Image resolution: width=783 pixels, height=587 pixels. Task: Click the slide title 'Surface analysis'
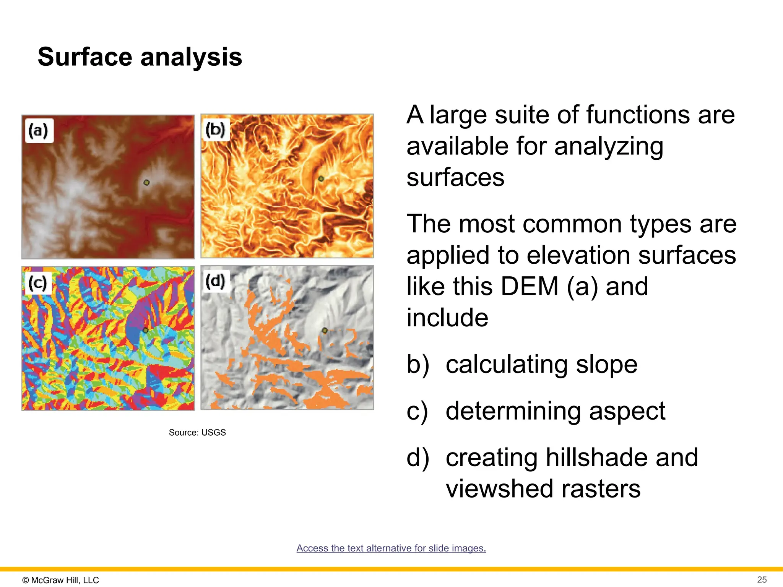click(140, 57)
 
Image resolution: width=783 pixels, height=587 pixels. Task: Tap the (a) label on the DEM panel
click(39, 131)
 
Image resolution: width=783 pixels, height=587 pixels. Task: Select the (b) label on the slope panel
click(215, 130)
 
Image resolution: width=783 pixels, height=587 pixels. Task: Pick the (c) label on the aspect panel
click(38, 283)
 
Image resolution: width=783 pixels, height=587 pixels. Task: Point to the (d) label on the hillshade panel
click(215, 281)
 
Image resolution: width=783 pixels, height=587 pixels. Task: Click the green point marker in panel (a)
click(146, 183)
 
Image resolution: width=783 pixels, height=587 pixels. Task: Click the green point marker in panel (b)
click(321, 178)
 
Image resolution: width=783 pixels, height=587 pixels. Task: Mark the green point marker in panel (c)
click(145, 330)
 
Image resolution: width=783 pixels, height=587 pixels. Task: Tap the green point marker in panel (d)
click(325, 330)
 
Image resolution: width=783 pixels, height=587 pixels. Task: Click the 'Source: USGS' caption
click(197, 432)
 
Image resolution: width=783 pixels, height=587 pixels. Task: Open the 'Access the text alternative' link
click(391, 548)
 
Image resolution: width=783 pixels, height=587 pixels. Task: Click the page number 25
click(762, 579)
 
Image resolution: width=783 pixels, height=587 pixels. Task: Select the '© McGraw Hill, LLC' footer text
click(60, 580)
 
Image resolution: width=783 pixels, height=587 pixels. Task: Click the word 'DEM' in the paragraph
click(530, 287)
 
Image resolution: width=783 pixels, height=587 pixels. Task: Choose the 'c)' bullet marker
click(417, 412)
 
